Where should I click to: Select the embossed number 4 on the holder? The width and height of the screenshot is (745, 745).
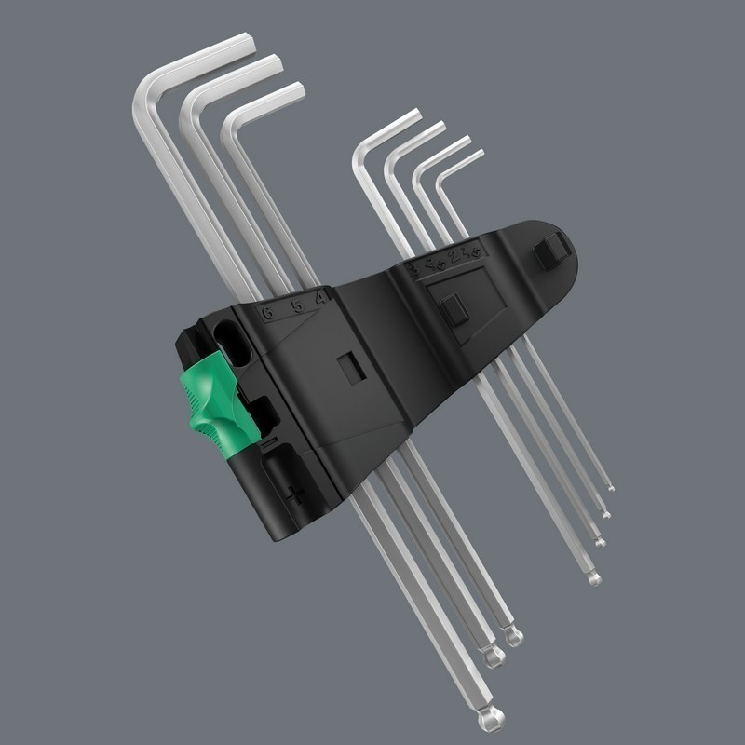(x=319, y=299)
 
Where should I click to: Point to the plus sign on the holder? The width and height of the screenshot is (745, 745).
(x=296, y=494)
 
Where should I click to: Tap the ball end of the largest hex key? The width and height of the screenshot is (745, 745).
(x=486, y=719)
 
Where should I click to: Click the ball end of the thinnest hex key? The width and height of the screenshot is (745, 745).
(x=610, y=487)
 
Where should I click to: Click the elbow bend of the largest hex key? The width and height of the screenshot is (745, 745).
(x=147, y=88)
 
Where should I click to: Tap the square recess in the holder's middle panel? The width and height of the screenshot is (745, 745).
(x=350, y=365)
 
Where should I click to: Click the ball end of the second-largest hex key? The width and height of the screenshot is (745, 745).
(x=494, y=657)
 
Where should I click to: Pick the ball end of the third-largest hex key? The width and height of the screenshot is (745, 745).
(x=513, y=637)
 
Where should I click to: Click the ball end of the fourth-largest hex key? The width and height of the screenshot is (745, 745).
(x=593, y=579)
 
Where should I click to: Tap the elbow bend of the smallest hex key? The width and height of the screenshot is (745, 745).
(x=442, y=176)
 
